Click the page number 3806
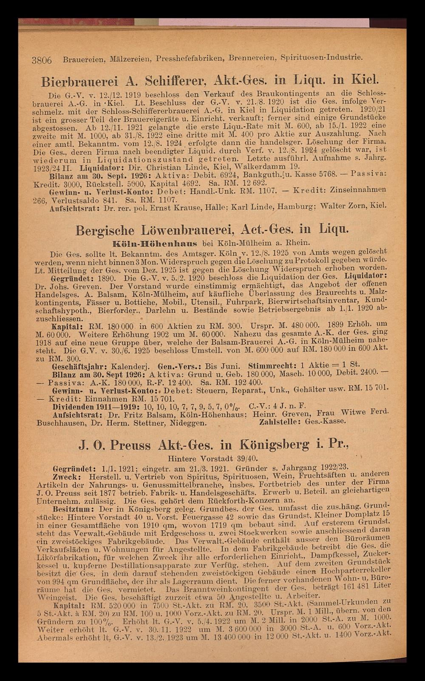[x=42, y=60]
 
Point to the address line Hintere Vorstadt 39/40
[x=213, y=459]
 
